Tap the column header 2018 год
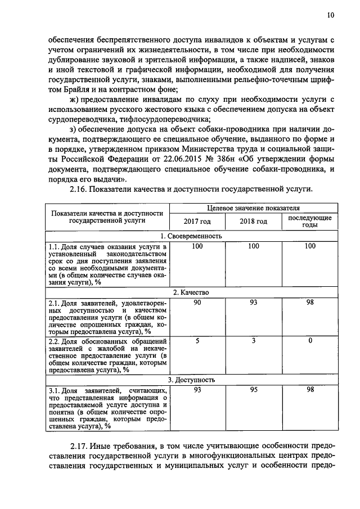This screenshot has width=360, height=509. coord(253,222)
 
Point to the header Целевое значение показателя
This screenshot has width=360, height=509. coord(253,208)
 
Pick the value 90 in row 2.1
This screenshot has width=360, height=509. coord(197,303)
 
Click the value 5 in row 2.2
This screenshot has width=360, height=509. coord(197,341)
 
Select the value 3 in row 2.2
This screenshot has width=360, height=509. coord(253,341)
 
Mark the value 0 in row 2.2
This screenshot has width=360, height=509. coord(310,341)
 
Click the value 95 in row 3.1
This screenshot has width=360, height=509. coord(253,390)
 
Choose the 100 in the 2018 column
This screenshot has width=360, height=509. coord(253,246)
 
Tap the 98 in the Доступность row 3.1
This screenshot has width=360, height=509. coord(310,390)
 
